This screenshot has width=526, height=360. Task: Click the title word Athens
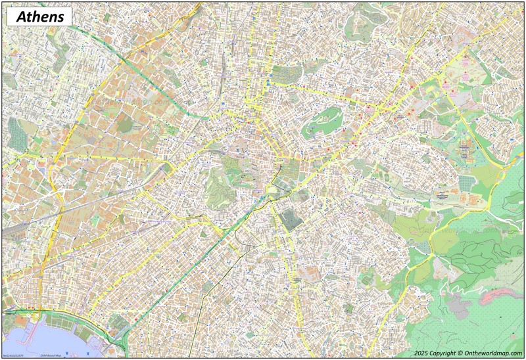tap(39, 16)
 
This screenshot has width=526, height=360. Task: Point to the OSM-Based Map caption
tap(50, 355)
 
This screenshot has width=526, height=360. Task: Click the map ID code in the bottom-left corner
tap(17, 355)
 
